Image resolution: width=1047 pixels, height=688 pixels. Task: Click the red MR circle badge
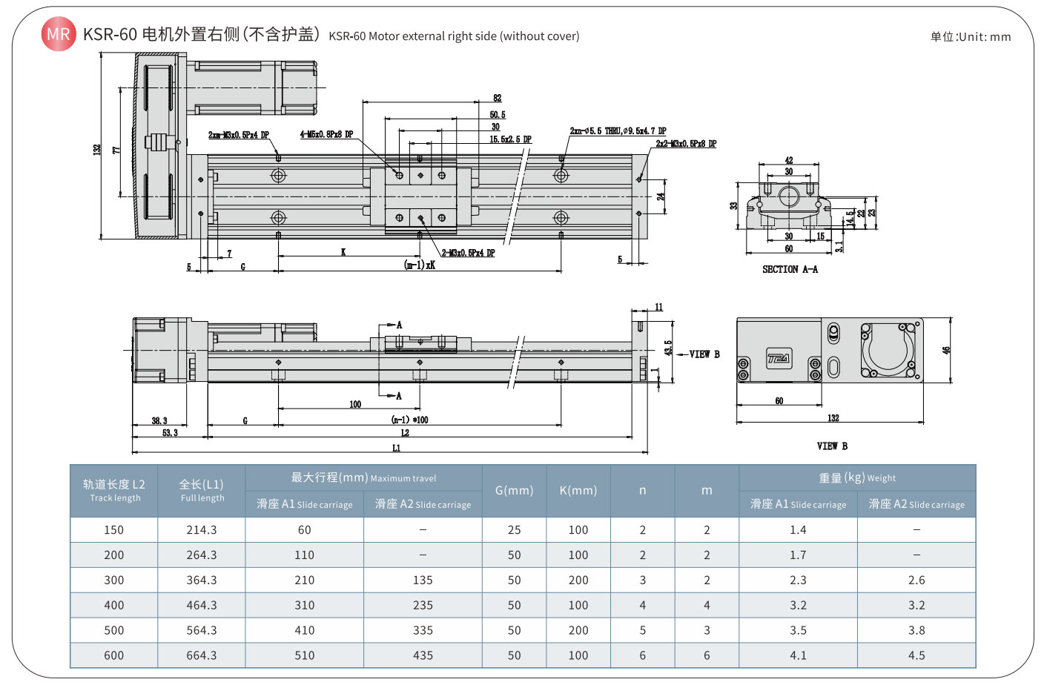(x=58, y=34)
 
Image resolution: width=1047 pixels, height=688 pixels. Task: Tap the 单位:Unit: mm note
(x=970, y=36)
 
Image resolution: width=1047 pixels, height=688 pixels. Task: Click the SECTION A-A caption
(x=790, y=269)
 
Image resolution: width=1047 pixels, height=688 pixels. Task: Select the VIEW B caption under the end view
(x=832, y=446)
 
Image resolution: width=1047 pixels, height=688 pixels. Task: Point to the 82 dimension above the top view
(x=497, y=98)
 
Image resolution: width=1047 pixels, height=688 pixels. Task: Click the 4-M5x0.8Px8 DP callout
(x=326, y=134)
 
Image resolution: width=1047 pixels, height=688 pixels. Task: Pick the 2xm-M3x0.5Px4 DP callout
(x=238, y=135)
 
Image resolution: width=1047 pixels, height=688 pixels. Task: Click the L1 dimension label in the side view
(x=396, y=448)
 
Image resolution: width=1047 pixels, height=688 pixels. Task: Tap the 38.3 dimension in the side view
(x=159, y=420)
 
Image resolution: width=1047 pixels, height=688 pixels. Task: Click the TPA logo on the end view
(x=779, y=359)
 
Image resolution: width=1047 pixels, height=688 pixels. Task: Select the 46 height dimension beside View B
(x=946, y=350)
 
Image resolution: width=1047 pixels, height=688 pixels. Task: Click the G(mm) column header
(x=514, y=490)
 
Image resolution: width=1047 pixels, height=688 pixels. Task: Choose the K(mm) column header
(x=578, y=490)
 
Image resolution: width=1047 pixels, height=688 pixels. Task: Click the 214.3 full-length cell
(x=202, y=530)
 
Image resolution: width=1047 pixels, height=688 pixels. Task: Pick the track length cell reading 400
(x=114, y=605)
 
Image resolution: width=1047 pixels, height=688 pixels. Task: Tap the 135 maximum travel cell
(x=423, y=580)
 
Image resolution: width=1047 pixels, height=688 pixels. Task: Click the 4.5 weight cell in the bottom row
(x=916, y=655)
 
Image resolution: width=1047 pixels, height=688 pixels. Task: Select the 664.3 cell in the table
(x=202, y=655)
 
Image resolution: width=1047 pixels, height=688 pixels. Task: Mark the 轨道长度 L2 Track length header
(x=114, y=490)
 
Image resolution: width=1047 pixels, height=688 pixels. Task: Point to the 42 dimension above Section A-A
(x=788, y=160)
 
